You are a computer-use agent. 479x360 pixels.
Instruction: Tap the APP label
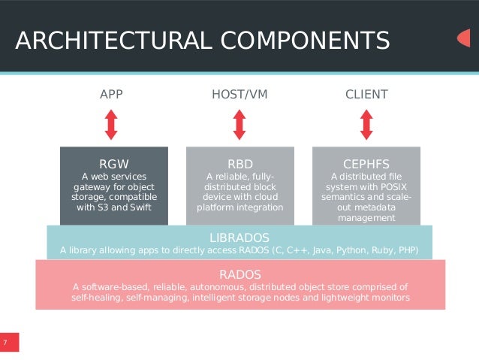point(111,95)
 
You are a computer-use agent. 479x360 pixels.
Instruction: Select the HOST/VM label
point(239,95)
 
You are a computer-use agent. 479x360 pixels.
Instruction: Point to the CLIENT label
point(366,95)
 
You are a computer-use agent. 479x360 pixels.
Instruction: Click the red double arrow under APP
point(111,124)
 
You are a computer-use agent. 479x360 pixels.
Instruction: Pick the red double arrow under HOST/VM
point(239,124)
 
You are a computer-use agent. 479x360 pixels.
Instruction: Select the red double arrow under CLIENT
point(366,124)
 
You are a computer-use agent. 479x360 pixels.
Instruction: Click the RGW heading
point(114,163)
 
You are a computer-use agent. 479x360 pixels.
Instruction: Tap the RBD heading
point(240,163)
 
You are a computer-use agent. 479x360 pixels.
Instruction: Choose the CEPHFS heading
point(366,163)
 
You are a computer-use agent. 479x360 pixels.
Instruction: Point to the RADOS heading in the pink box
point(239,273)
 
